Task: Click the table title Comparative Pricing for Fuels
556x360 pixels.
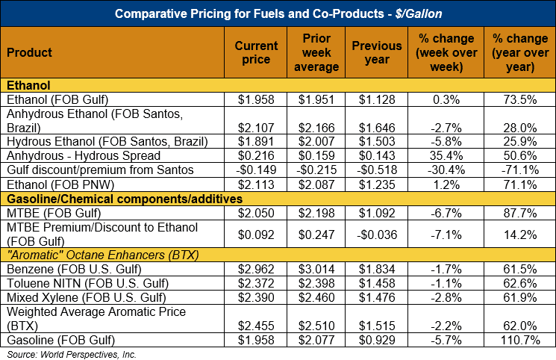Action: coord(277,13)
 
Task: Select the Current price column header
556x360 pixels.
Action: coord(256,52)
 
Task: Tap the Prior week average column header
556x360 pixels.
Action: coord(317,52)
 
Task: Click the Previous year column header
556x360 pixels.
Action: coord(377,52)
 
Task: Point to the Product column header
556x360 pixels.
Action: coord(29,52)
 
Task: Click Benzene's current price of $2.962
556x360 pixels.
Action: coord(256,269)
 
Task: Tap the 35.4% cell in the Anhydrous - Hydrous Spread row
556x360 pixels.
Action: coord(447,156)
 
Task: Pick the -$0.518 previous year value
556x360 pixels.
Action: coord(377,170)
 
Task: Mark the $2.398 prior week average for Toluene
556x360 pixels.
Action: coord(317,283)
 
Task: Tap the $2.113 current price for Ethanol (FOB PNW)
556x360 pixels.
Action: coord(256,184)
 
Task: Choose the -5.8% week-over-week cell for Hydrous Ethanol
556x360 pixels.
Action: coord(447,142)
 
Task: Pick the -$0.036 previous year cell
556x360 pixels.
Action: coord(377,235)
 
